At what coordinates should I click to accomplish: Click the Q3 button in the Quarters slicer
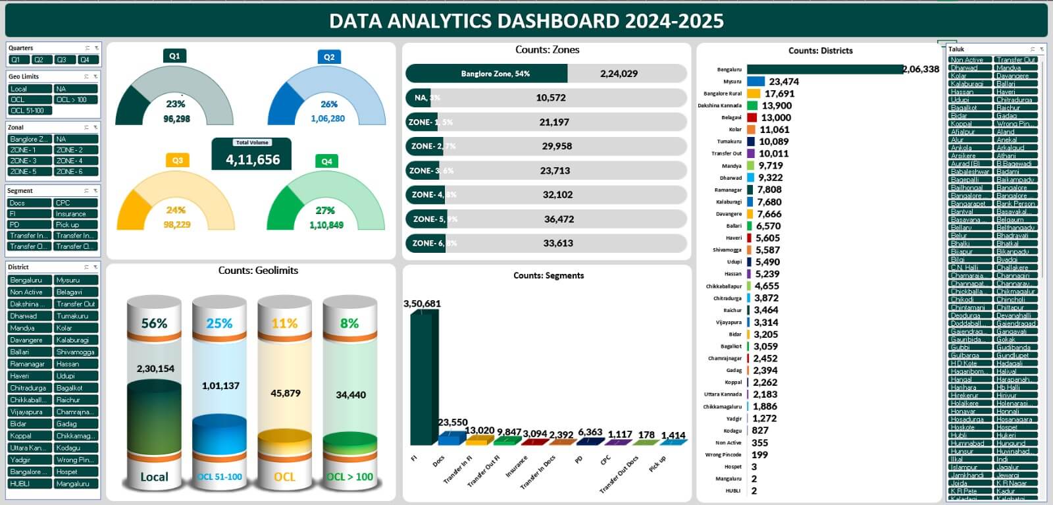[61, 60]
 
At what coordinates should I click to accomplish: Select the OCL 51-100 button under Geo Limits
[29, 111]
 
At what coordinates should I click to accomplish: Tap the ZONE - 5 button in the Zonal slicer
[29, 171]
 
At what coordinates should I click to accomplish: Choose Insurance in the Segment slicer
[76, 214]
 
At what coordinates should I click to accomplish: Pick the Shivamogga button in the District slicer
[76, 352]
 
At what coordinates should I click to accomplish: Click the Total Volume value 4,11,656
[253, 160]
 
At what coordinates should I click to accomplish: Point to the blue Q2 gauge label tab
[328, 57]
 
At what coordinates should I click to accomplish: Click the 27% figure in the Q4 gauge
[325, 211]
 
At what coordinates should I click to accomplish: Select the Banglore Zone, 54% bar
[486, 74]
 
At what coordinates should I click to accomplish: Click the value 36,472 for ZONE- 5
[559, 219]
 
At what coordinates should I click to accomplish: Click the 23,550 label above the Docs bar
[453, 423]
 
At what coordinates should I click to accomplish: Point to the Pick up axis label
[657, 464]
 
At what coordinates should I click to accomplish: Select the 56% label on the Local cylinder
[154, 323]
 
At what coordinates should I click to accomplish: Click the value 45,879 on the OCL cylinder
[285, 393]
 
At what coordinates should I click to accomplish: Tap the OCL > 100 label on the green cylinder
[349, 477]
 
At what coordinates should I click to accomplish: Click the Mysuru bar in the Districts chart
[756, 82]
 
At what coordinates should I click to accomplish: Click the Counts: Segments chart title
[548, 276]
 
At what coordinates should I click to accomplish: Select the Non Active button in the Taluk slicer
[969, 60]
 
